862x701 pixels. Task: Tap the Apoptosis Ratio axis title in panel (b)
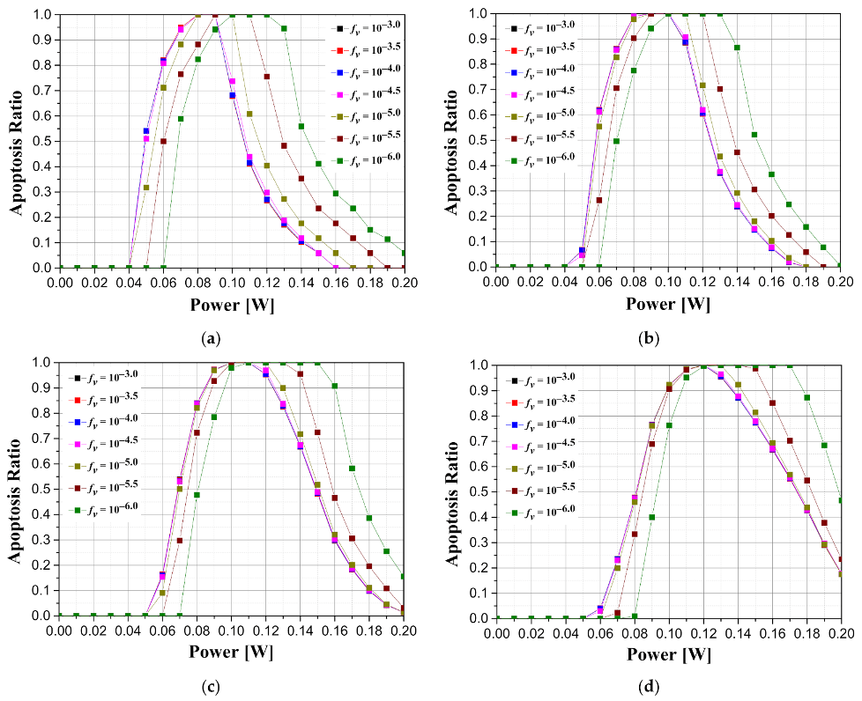point(451,141)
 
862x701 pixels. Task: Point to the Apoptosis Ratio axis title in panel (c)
point(15,489)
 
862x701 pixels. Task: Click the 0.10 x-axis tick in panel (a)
point(232,281)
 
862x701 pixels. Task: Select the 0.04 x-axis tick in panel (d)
point(565,631)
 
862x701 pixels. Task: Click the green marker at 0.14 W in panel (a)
point(301,126)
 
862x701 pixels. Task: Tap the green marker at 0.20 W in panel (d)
point(841,500)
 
